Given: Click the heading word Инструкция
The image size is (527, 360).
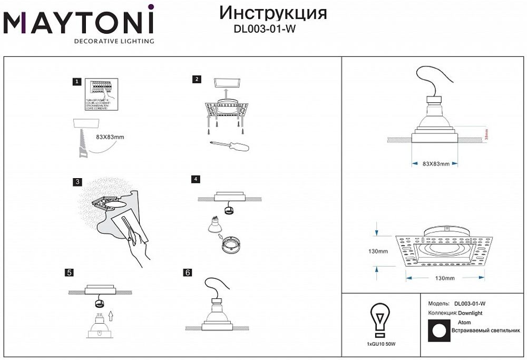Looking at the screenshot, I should tap(272, 13).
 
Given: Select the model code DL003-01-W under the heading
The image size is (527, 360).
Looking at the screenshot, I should tap(264, 30).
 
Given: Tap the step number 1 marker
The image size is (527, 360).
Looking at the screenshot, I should tap(77, 82).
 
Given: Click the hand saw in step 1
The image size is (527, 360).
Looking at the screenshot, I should tap(83, 141).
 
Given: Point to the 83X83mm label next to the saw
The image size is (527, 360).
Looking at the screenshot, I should tap(111, 137).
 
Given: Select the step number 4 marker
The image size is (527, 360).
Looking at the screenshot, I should tap(196, 179).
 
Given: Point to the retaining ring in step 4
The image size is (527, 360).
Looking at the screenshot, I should tap(230, 245).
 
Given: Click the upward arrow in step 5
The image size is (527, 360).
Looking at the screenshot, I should tap(110, 316).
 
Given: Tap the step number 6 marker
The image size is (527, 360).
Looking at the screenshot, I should tap(187, 273).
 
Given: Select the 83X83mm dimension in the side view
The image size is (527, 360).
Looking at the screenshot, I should tap(436, 164).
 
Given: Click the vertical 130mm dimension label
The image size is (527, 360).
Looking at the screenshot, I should tap(379, 251).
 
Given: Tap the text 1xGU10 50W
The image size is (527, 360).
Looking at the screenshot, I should tap(380, 344).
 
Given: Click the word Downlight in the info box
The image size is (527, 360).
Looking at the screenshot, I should tap(470, 313).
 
